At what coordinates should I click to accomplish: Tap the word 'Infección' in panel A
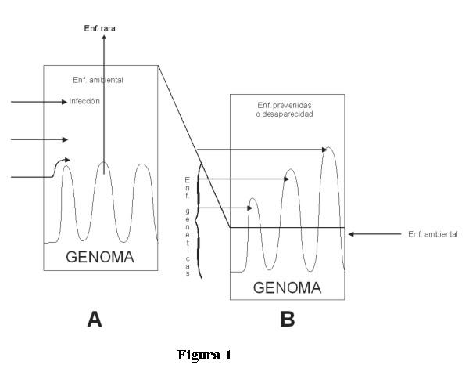coord(84,101)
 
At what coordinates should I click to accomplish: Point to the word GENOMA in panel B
coord(287,287)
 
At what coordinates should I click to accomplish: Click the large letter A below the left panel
coord(95,318)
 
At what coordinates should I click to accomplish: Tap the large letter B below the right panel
coord(286,318)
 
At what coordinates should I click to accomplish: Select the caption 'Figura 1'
coord(205,355)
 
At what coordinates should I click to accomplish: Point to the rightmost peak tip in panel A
coord(141,164)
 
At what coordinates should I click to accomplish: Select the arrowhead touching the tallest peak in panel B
coord(324,149)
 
